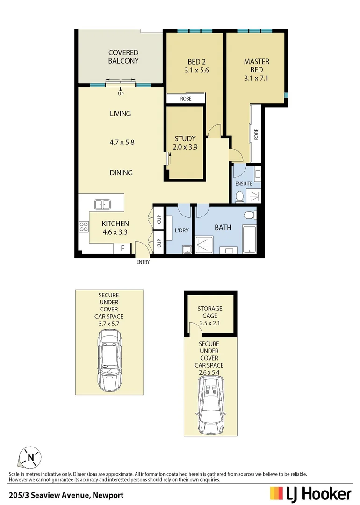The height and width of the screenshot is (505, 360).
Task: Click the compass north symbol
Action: pos(30,457)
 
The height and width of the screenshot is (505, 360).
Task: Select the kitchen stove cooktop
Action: pos(84,227)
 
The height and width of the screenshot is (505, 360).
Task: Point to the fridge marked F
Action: pos(122,249)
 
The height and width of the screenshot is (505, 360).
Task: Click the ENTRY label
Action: pos(143,262)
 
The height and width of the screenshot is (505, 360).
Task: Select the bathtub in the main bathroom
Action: pos(249,239)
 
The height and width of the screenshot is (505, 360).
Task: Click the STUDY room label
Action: pos(185,139)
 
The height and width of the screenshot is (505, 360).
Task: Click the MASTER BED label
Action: pos(257,66)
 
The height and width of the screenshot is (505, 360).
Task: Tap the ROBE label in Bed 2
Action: pos(186,99)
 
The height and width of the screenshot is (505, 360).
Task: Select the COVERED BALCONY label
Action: pos(123,57)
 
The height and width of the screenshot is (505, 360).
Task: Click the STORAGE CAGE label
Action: pos(209,312)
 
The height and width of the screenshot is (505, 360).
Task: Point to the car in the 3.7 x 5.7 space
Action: pos(110,361)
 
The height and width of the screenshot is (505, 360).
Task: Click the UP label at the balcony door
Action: pos(121,94)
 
